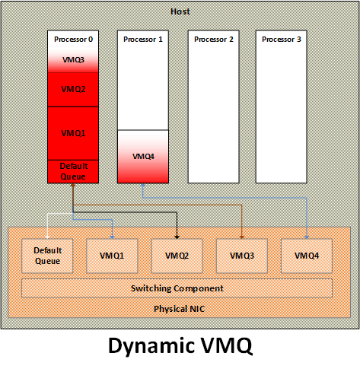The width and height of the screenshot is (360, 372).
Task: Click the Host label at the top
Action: tap(180, 11)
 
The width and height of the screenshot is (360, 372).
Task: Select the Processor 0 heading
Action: tap(73, 40)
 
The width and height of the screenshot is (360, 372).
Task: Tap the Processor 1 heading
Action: tap(143, 40)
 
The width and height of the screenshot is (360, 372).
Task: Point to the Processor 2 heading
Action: tap(214, 40)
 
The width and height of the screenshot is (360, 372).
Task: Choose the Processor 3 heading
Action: tap(282, 40)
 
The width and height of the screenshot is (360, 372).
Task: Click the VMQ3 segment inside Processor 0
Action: tap(73, 60)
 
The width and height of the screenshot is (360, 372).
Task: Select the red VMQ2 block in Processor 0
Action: tap(73, 90)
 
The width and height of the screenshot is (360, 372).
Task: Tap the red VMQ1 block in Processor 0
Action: tap(73, 133)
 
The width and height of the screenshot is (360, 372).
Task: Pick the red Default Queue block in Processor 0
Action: tap(73, 171)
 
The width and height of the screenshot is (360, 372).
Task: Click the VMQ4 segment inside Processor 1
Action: tap(143, 157)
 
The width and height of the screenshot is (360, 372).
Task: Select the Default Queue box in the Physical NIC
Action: tap(47, 256)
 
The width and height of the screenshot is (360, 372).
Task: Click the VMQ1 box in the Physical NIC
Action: tap(112, 256)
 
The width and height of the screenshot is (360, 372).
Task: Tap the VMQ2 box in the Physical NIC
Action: tap(177, 256)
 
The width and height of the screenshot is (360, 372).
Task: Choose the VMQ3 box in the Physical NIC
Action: tap(242, 256)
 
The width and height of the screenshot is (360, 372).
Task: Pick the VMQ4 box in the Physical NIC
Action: tap(307, 256)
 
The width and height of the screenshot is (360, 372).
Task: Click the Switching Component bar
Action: tap(177, 288)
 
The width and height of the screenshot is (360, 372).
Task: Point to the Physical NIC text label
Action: tap(180, 309)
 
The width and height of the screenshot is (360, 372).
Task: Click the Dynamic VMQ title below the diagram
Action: tap(180, 345)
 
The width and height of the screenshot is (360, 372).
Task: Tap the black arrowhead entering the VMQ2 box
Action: tap(177, 237)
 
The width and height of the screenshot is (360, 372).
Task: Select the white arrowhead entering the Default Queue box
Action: tap(47, 237)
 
